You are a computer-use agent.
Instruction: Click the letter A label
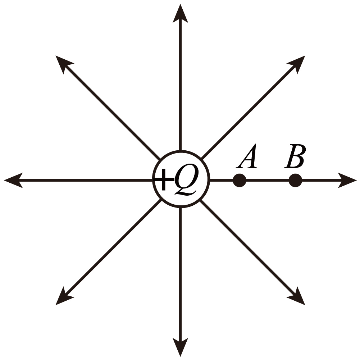tap(247, 156)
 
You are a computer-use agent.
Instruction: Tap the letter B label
tap(295, 156)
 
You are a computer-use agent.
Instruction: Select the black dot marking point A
tap(240, 180)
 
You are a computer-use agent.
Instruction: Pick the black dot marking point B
tap(295, 180)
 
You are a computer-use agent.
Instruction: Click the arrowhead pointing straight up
tap(180, 13)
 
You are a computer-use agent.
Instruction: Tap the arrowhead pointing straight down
tap(180, 347)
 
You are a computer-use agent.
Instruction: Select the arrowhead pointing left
tap(13, 180)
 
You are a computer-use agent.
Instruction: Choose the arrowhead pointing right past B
tap(347, 180)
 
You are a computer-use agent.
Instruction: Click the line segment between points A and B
tap(267, 180)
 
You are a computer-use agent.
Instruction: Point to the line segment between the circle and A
tap(221, 180)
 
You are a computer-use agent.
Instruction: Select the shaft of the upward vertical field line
tap(180, 85)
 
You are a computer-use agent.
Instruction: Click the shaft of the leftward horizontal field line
tap(86, 180)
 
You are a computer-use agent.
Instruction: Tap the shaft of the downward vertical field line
tap(180, 274)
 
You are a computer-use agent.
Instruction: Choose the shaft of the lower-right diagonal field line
tap(247, 247)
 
